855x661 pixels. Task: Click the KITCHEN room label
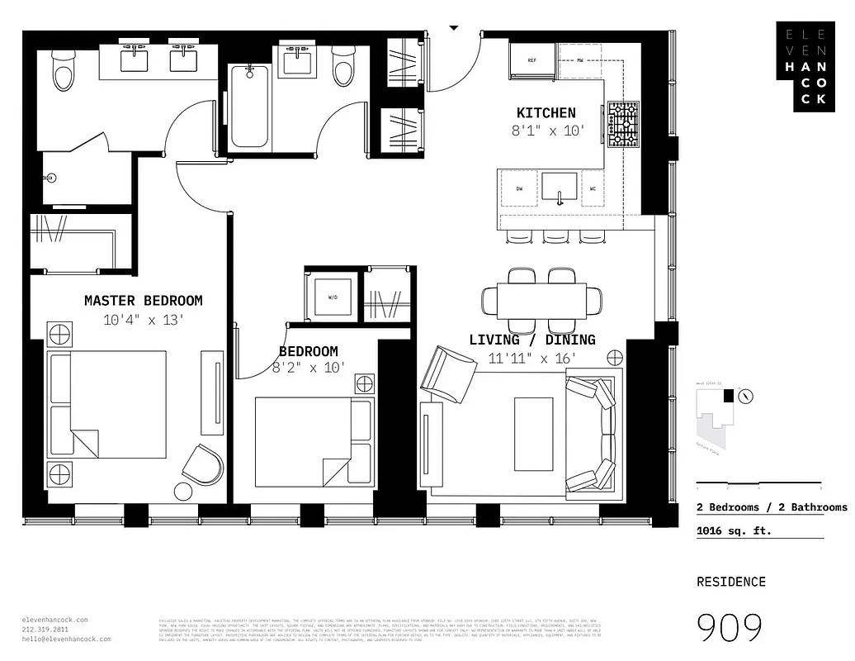point(546,113)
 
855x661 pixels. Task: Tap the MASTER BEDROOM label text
point(143,301)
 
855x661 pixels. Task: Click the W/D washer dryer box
point(333,295)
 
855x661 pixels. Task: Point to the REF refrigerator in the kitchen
point(532,60)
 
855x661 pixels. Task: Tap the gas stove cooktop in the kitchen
point(623,124)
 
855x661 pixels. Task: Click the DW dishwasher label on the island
point(520,189)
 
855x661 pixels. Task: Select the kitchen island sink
point(560,189)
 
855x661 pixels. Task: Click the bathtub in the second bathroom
point(248,107)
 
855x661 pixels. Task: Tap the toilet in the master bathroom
point(63,71)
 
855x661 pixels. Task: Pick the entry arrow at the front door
point(453,27)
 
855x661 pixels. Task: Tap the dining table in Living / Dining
point(541,299)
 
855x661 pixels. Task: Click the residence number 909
point(730,628)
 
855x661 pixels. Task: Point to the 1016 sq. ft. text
point(734,530)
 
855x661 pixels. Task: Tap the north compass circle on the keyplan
point(746,396)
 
